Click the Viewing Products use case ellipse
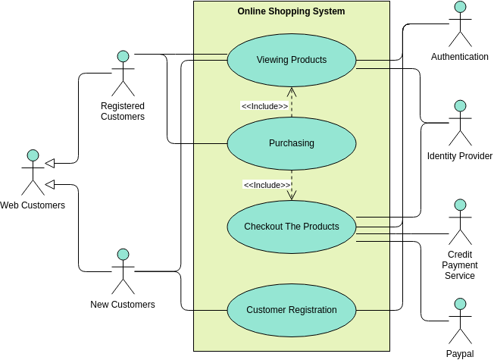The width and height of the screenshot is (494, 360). point(292,60)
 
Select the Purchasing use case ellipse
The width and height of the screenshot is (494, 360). point(292,143)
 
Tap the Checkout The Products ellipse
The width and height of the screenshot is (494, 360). point(292,227)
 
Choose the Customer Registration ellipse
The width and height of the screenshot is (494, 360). point(292,310)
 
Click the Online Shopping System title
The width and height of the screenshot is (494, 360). point(291,11)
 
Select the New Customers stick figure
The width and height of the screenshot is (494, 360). point(123,271)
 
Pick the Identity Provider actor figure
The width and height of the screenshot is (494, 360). point(459,123)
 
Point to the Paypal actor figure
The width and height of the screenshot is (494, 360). point(459,321)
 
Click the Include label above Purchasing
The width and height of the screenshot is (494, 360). point(264,106)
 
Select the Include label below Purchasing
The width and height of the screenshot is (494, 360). point(267,185)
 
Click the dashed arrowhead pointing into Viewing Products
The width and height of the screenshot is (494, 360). point(292,91)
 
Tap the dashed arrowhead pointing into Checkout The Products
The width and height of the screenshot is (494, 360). point(292,196)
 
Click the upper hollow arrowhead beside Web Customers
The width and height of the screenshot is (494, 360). point(51,162)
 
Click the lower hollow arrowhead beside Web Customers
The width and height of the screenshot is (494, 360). point(51,183)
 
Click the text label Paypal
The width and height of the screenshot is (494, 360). point(459,354)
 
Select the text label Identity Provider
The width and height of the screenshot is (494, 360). point(459,156)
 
